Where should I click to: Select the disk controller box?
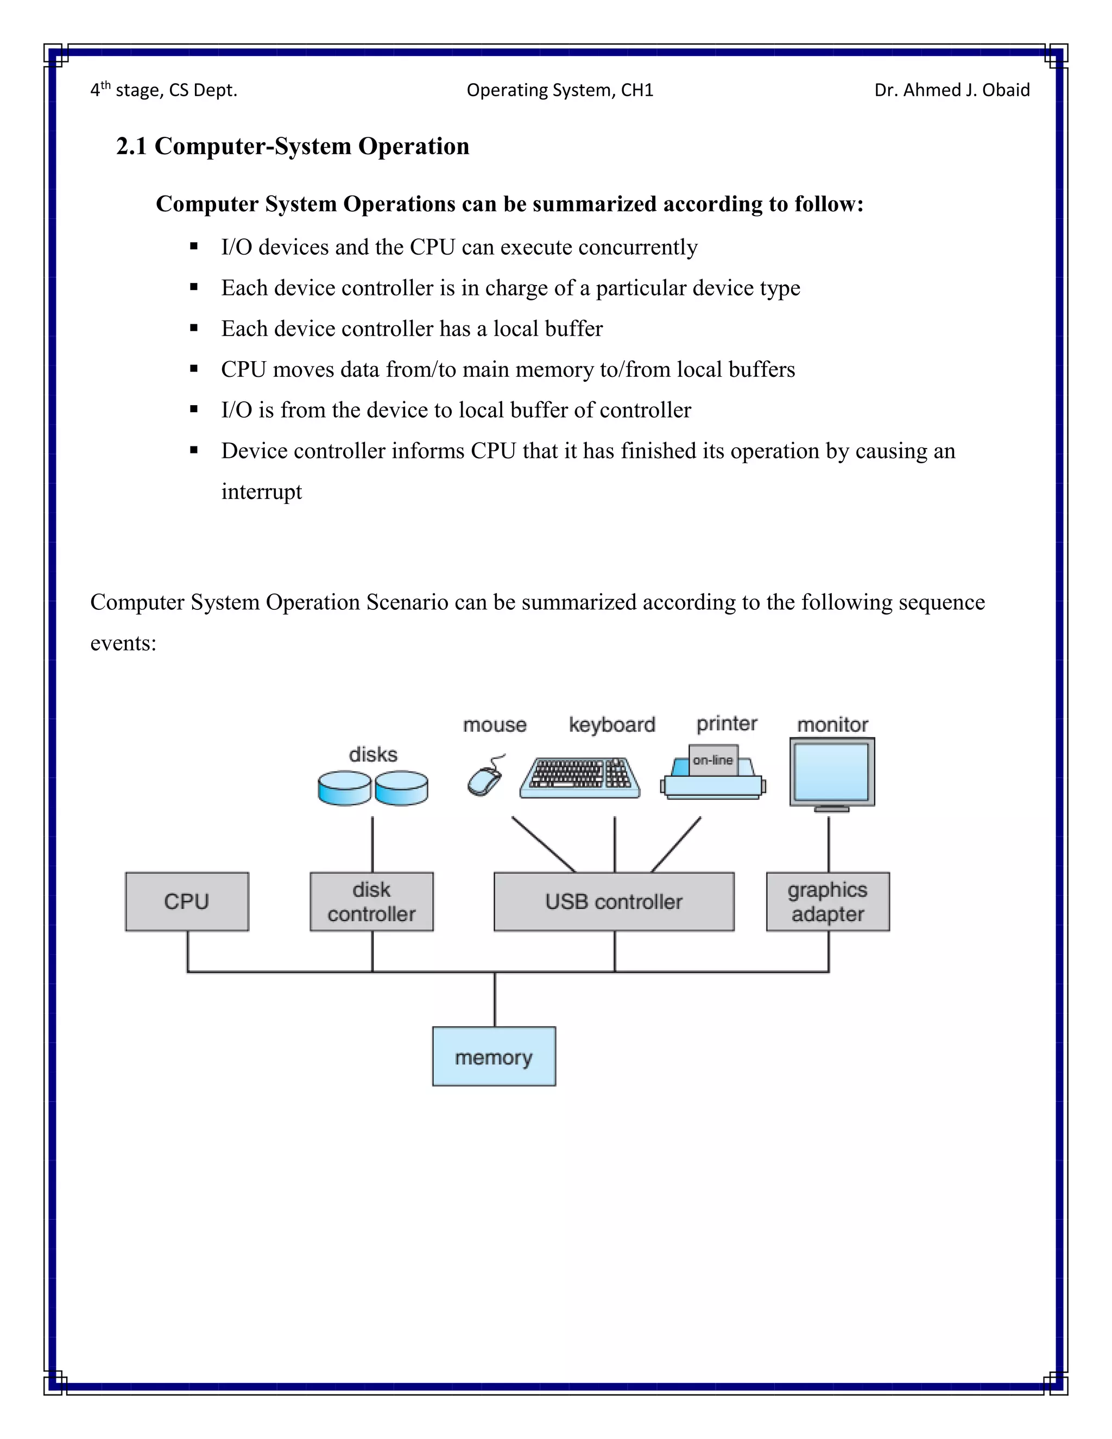[x=371, y=901]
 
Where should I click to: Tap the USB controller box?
[x=614, y=901]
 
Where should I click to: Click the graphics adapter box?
[x=827, y=901]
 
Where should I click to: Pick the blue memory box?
[x=494, y=1057]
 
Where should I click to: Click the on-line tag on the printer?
[x=713, y=760]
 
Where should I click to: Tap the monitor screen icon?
[x=831, y=771]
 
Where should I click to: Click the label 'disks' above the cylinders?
[x=373, y=754]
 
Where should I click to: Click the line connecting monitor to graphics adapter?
[x=829, y=843]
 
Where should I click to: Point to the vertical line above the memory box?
[x=495, y=999]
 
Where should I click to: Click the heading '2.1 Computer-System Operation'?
[x=293, y=146]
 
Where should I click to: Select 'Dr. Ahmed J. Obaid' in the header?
[x=951, y=90]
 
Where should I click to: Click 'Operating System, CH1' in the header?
[x=559, y=90]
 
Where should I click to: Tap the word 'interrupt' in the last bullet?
[x=262, y=491]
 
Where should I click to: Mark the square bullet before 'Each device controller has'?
[x=194, y=328]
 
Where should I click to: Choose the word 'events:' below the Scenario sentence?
[x=123, y=643]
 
